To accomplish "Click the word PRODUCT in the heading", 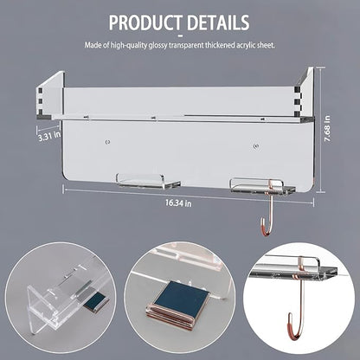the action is click(146, 22).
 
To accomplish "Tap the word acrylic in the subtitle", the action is click(246, 45).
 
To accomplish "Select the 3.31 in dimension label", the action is click(49, 135).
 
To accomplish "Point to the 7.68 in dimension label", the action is click(327, 129).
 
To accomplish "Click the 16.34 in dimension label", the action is click(178, 203).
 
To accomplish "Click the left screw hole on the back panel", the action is click(107, 142).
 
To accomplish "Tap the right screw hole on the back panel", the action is click(255, 146).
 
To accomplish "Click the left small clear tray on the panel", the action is click(148, 182).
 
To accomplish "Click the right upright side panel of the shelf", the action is click(305, 93).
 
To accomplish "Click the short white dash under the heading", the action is click(180, 36).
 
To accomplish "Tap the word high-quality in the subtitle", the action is click(129, 45).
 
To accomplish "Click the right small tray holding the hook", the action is click(263, 186).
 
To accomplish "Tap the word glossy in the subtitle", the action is click(157, 45).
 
